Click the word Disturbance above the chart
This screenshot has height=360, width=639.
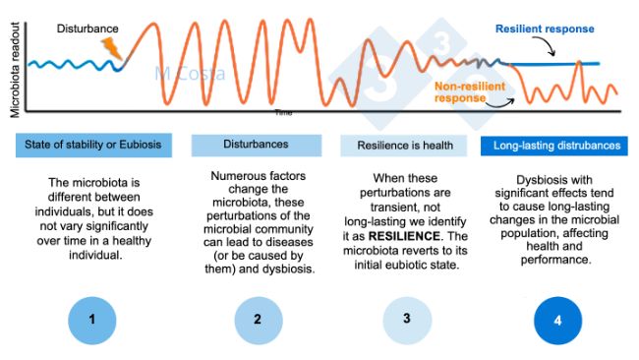click(88, 30)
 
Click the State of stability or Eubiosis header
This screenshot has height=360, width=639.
click(93, 146)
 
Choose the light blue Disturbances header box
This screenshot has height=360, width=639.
click(255, 145)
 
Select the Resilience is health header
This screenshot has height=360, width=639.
click(404, 146)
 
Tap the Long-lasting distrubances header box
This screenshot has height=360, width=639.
click(556, 146)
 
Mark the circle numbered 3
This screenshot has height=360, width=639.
click(403, 319)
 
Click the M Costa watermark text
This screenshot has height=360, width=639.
click(190, 74)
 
